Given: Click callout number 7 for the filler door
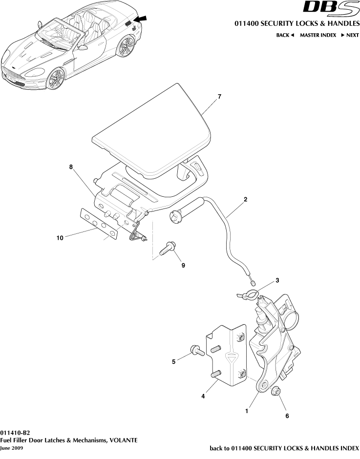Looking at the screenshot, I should click(219, 96).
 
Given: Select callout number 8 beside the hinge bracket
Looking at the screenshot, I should click(71, 167).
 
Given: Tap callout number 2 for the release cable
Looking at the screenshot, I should click(245, 199).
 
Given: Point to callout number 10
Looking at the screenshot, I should click(60, 238).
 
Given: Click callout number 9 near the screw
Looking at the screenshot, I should click(183, 266).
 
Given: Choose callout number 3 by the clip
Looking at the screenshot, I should click(277, 280).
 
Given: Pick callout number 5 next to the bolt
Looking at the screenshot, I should click(173, 362).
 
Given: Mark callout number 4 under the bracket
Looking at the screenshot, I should click(203, 396).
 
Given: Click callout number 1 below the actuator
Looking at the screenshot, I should click(247, 411).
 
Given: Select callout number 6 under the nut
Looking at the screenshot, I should click(287, 416).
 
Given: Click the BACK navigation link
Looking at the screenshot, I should click(285, 35).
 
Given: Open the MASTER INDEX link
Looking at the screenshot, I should click(318, 35).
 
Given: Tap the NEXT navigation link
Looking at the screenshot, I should click(350, 35).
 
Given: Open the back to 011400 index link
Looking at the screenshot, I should click(284, 448).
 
